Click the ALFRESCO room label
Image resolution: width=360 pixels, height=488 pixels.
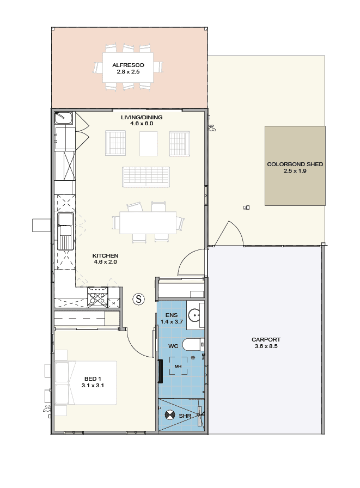click(128, 65)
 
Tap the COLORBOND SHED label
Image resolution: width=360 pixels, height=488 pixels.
click(295, 164)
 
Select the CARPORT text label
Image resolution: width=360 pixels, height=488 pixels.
click(266, 339)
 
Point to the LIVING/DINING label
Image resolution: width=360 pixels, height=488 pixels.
click(142, 117)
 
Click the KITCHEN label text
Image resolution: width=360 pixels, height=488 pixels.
click(105, 255)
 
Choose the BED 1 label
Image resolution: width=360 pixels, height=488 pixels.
click(93, 379)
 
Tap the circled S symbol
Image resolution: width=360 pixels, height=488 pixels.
click(139, 299)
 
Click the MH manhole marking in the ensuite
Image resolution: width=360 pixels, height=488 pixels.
click(178, 367)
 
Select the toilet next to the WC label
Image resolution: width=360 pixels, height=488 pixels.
click(193, 345)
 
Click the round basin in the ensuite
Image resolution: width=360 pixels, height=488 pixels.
click(194, 315)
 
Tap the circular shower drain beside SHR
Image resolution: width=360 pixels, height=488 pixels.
click(169, 415)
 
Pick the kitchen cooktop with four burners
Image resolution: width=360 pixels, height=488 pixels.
click(97, 297)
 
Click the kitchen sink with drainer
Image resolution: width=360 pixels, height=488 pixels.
click(65, 231)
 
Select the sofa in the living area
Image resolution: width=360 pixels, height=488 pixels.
click(146, 177)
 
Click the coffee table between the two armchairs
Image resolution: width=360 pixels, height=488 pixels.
click(149, 143)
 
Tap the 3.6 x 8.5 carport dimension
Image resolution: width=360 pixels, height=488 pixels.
click(266, 346)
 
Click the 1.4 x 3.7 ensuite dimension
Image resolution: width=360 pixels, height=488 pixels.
click(172, 321)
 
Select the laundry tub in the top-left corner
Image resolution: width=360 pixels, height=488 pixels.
click(64, 118)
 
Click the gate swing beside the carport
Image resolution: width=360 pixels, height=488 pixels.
click(229, 234)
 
